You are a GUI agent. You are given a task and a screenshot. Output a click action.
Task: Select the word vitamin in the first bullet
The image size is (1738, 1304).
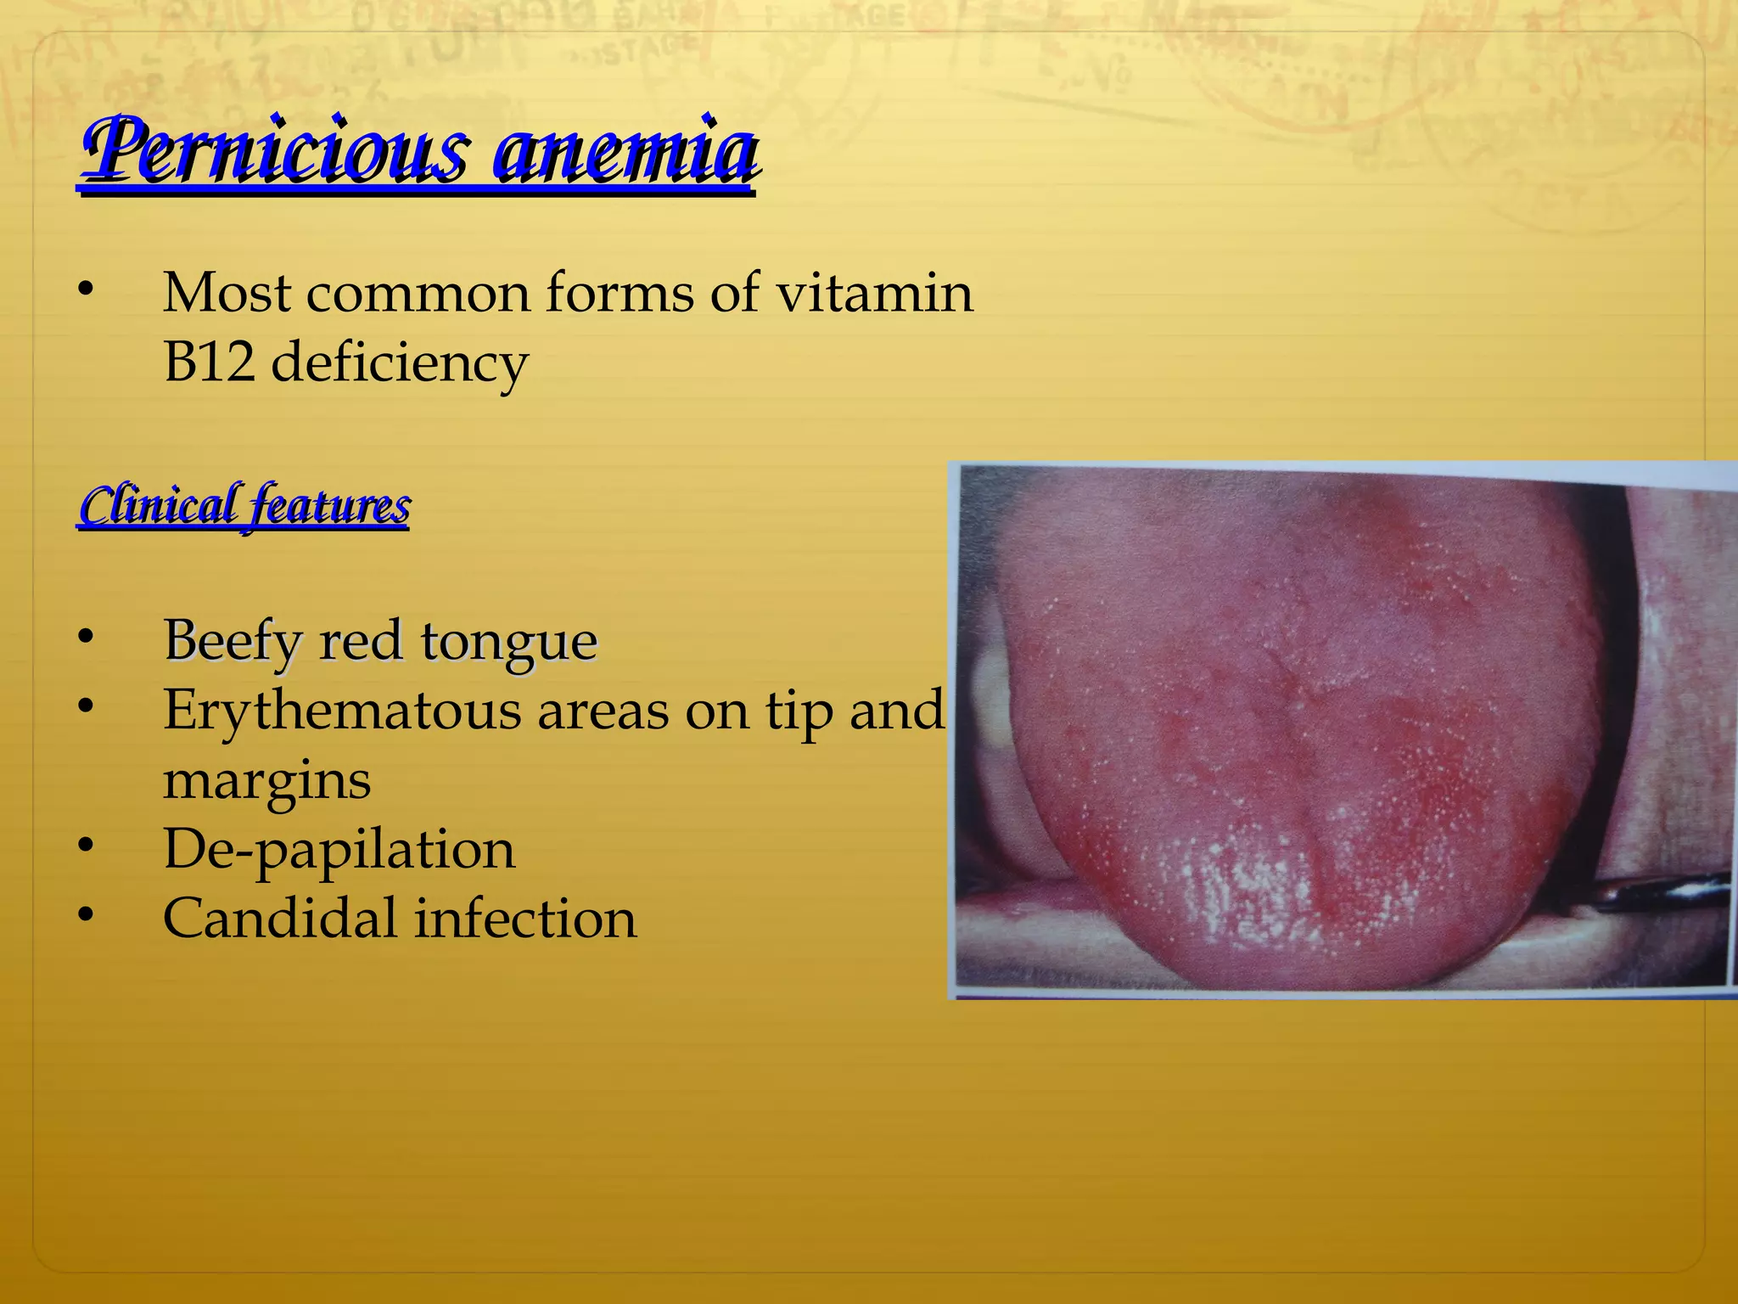click(x=875, y=293)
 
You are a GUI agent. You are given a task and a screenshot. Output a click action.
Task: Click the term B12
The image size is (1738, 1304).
click(x=209, y=362)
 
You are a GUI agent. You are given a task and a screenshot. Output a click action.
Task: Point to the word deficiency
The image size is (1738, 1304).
click(x=400, y=363)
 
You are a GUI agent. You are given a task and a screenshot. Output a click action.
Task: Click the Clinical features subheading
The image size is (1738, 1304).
click(x=244, y=506)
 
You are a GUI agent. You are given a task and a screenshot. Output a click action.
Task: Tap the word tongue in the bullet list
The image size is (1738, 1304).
click(x=509, y=642)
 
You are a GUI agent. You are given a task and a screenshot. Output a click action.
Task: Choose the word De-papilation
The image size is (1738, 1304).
click(x=339, y=850)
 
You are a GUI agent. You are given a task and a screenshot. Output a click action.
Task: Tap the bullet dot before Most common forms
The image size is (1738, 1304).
click(x=85, y=289)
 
